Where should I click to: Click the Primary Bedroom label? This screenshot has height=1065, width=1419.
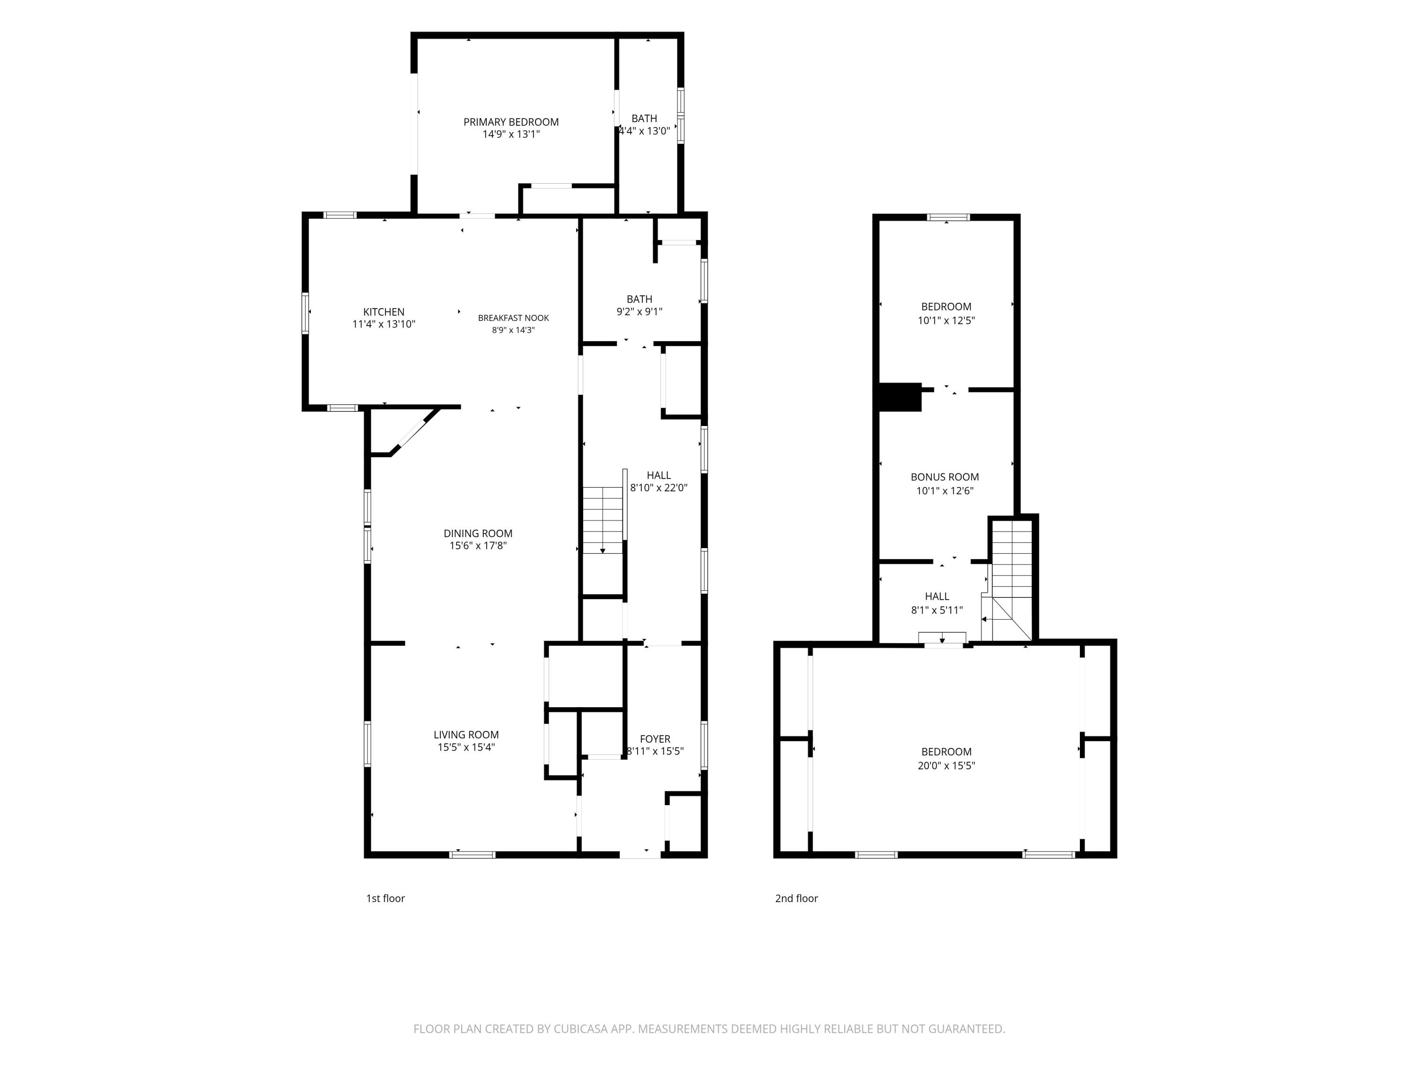511,122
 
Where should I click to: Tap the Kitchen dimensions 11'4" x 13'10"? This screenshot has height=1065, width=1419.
384,324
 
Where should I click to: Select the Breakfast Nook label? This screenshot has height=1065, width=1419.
513,318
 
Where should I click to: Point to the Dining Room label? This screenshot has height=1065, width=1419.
478,533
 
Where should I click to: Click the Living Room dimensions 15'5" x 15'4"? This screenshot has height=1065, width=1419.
466,747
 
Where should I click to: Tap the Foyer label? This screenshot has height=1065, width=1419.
655,739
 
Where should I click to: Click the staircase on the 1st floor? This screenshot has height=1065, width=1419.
603,520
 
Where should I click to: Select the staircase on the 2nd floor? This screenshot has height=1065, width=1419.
1012,580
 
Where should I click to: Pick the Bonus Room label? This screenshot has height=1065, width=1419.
945,477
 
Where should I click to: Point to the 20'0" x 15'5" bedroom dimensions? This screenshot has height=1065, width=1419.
946,766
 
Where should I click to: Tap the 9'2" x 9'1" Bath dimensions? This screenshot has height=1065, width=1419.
639,312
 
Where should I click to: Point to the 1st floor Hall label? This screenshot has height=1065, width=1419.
659,476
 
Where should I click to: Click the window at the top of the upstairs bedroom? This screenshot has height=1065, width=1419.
949,217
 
